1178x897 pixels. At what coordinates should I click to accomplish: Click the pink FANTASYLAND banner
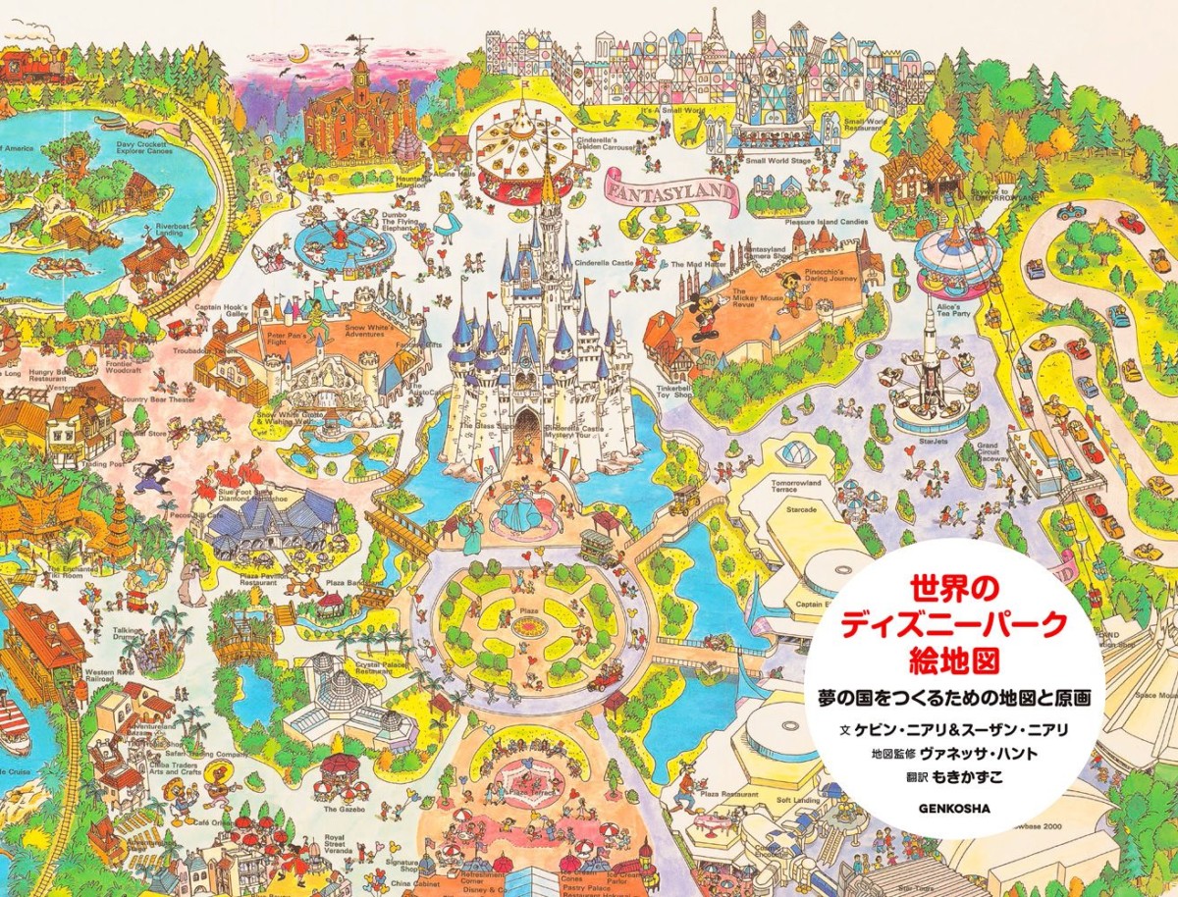coord(670,188)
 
